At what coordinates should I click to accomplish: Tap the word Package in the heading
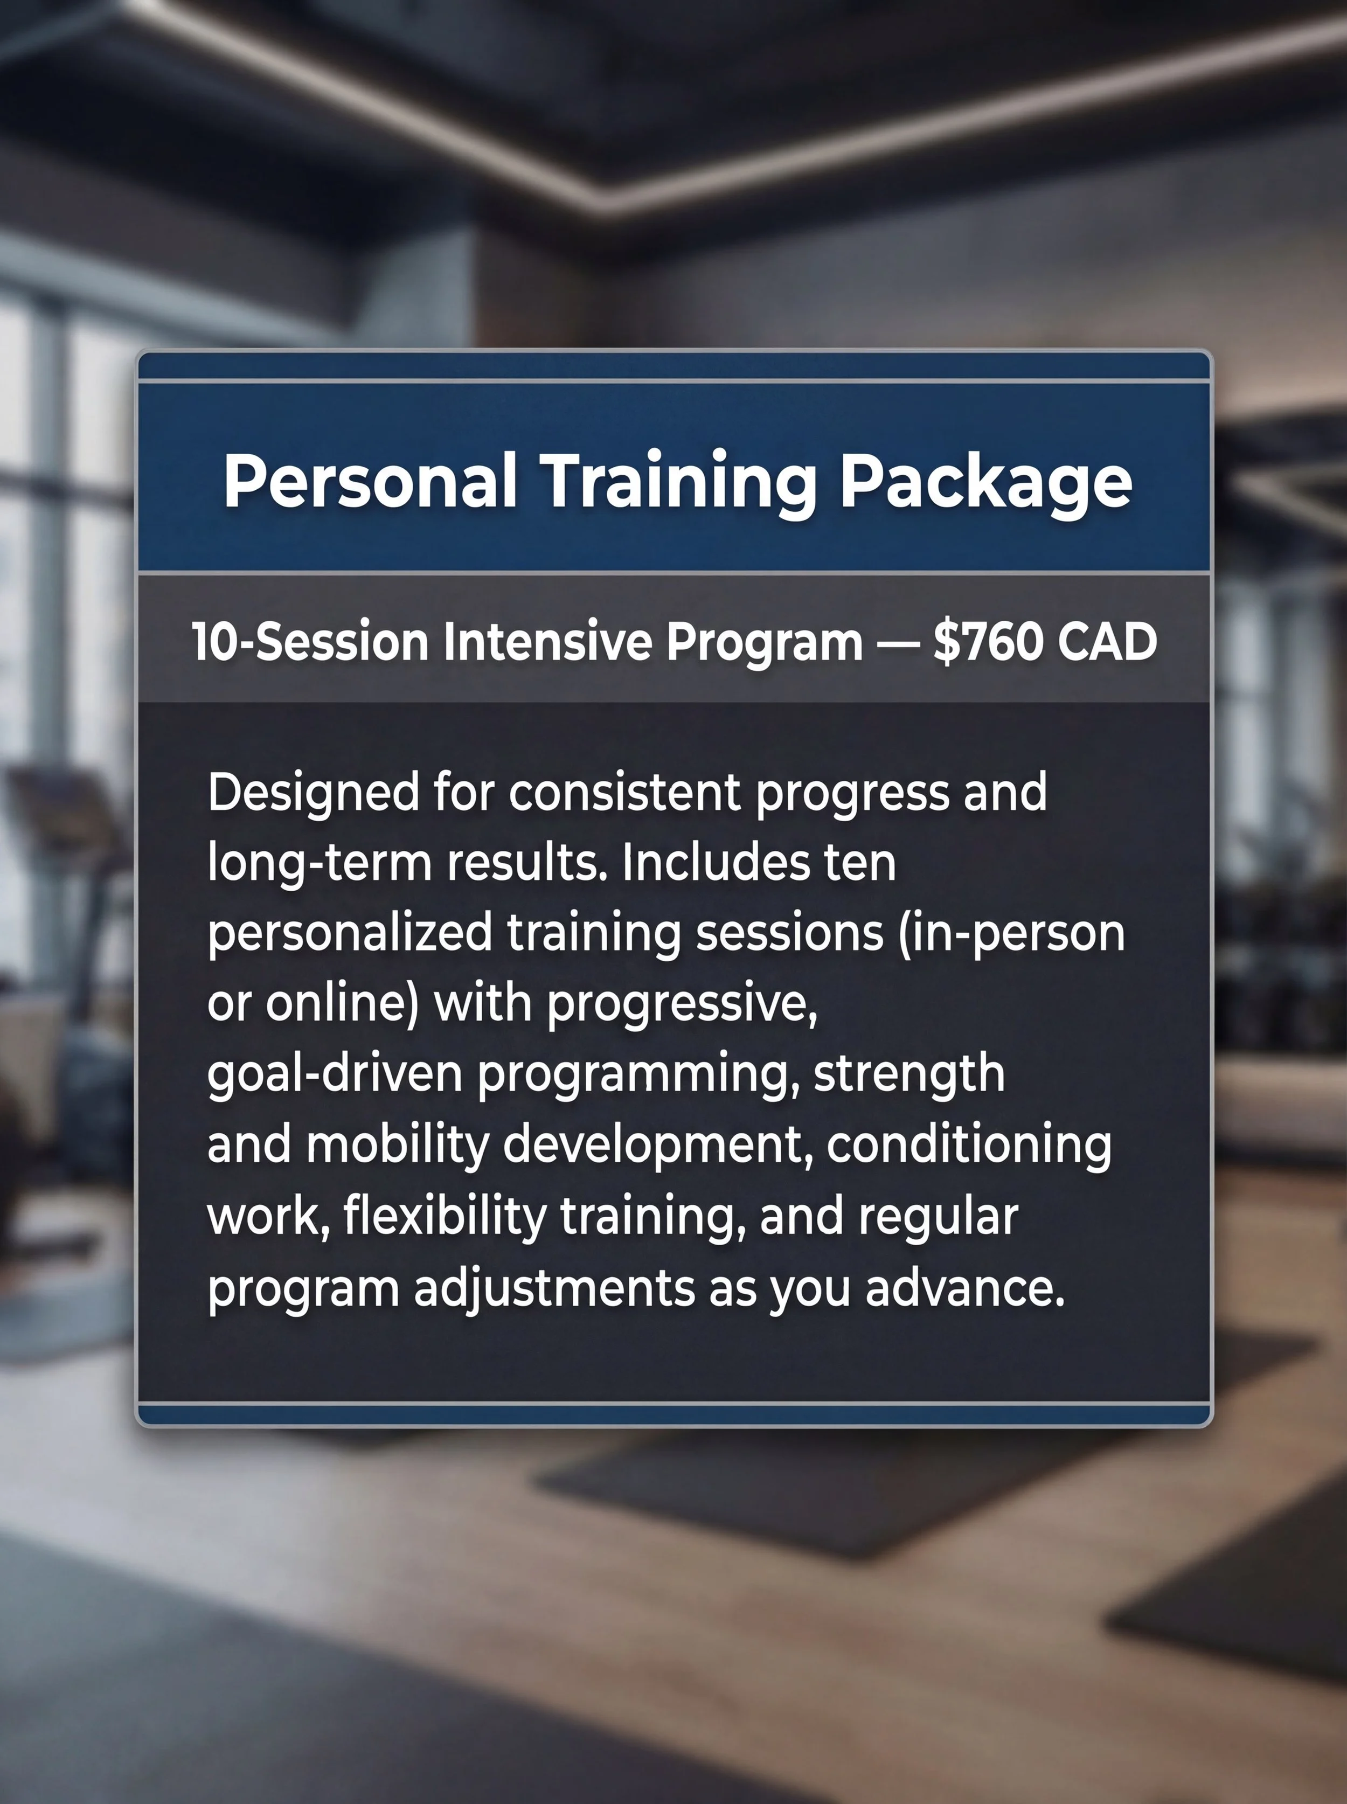point(986,483)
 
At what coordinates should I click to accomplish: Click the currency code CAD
point(1107,642)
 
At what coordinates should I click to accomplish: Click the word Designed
point(313,793)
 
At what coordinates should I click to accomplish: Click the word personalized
point(350,933)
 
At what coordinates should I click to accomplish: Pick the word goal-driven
point(334,1074)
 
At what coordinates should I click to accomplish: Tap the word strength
point(909,1074)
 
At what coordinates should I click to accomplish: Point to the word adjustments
point(554,1288)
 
